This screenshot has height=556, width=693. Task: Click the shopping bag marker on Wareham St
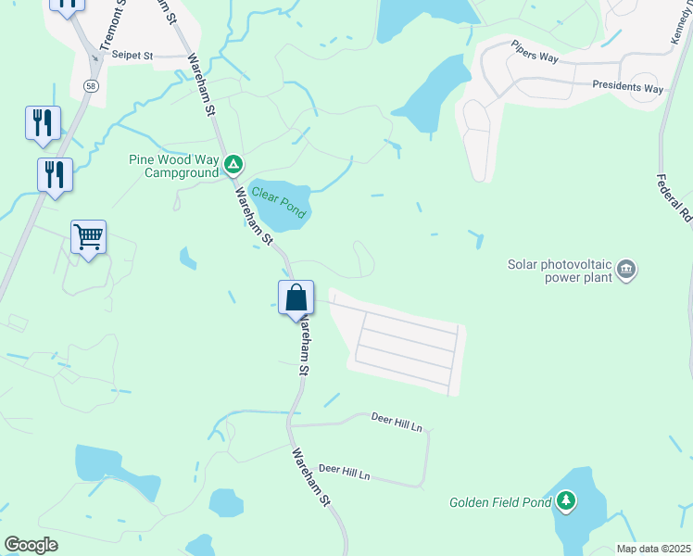click(x=296, y=298)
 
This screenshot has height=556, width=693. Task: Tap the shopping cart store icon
click(x=88, y=237)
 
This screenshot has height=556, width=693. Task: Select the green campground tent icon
click(x=233, y=166)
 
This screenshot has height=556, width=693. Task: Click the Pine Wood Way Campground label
click(x=174, y=165)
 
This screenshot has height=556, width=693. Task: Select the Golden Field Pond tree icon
click(x=565, y=502)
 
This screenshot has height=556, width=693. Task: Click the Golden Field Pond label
click(x=500, y=503)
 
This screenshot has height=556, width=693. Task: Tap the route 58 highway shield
click(x=91, y=85)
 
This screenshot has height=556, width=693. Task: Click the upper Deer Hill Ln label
click(x=397, y=423)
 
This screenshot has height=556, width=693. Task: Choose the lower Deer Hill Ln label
click(x=344, y=473)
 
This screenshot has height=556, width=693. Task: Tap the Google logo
click(x=31, y=544)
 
